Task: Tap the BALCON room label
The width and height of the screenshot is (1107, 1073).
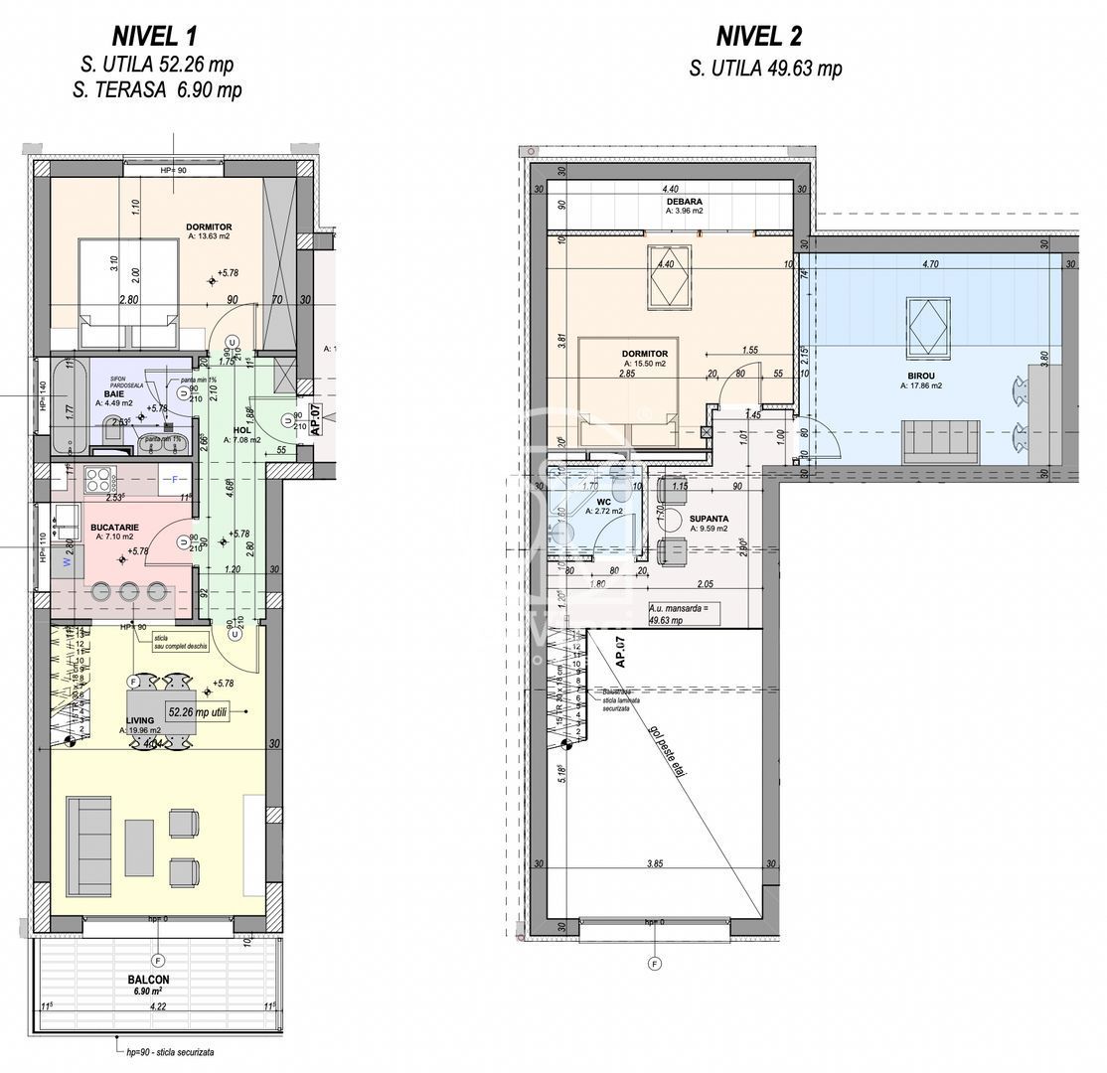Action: click(x=148, y=980)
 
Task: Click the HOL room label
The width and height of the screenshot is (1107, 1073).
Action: click(x=241, y=430)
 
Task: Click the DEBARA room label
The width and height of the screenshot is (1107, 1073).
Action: click(x=684, y=201)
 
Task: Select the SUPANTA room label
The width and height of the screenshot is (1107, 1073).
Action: click(x=710, y=519)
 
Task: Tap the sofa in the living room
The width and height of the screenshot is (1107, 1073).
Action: click(x=88, y=844)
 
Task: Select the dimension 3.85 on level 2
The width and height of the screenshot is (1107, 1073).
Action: click(x=654, y=864)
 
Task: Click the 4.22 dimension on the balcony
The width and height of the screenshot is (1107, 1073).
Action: click(x=157, y=1005)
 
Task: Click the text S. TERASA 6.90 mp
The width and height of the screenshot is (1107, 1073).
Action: click(x=157, y=89)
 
